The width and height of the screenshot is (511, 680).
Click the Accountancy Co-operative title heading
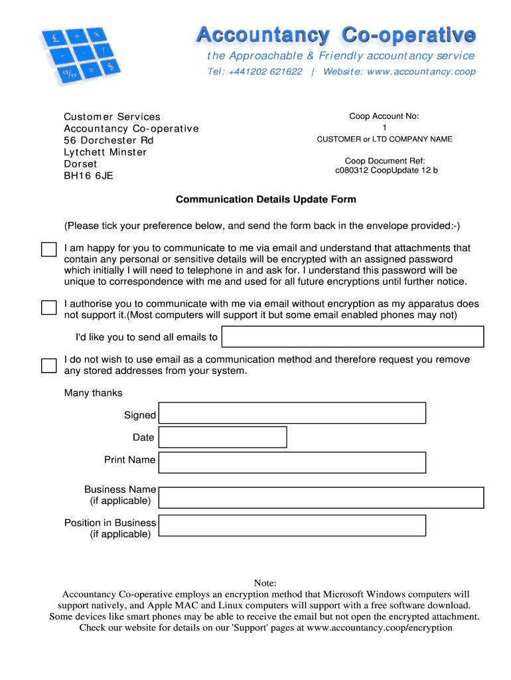pos(335,35)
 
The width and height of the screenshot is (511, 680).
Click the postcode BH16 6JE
pos(88,176)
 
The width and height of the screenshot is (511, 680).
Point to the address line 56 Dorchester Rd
pos(108,140)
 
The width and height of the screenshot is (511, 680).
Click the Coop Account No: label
pos(384,116)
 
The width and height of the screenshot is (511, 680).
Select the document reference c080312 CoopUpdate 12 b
pos(386,170)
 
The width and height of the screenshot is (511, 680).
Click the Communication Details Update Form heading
pos(265,199)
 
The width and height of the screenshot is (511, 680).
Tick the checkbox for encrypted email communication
pos(49,250)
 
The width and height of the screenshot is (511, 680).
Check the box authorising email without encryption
pos(49,307)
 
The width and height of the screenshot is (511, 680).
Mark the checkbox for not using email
pos(49,365)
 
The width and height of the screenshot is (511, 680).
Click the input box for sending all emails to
pos(352,337)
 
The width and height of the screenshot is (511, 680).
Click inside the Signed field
pos(292,413)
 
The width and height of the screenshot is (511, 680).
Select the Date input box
pos(222,437)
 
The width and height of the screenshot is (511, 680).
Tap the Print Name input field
pos(292,462)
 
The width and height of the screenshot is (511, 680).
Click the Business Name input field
pos(321,497)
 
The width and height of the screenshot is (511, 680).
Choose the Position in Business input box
pos(292,525)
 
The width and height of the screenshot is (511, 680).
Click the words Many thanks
pos(93,393)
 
